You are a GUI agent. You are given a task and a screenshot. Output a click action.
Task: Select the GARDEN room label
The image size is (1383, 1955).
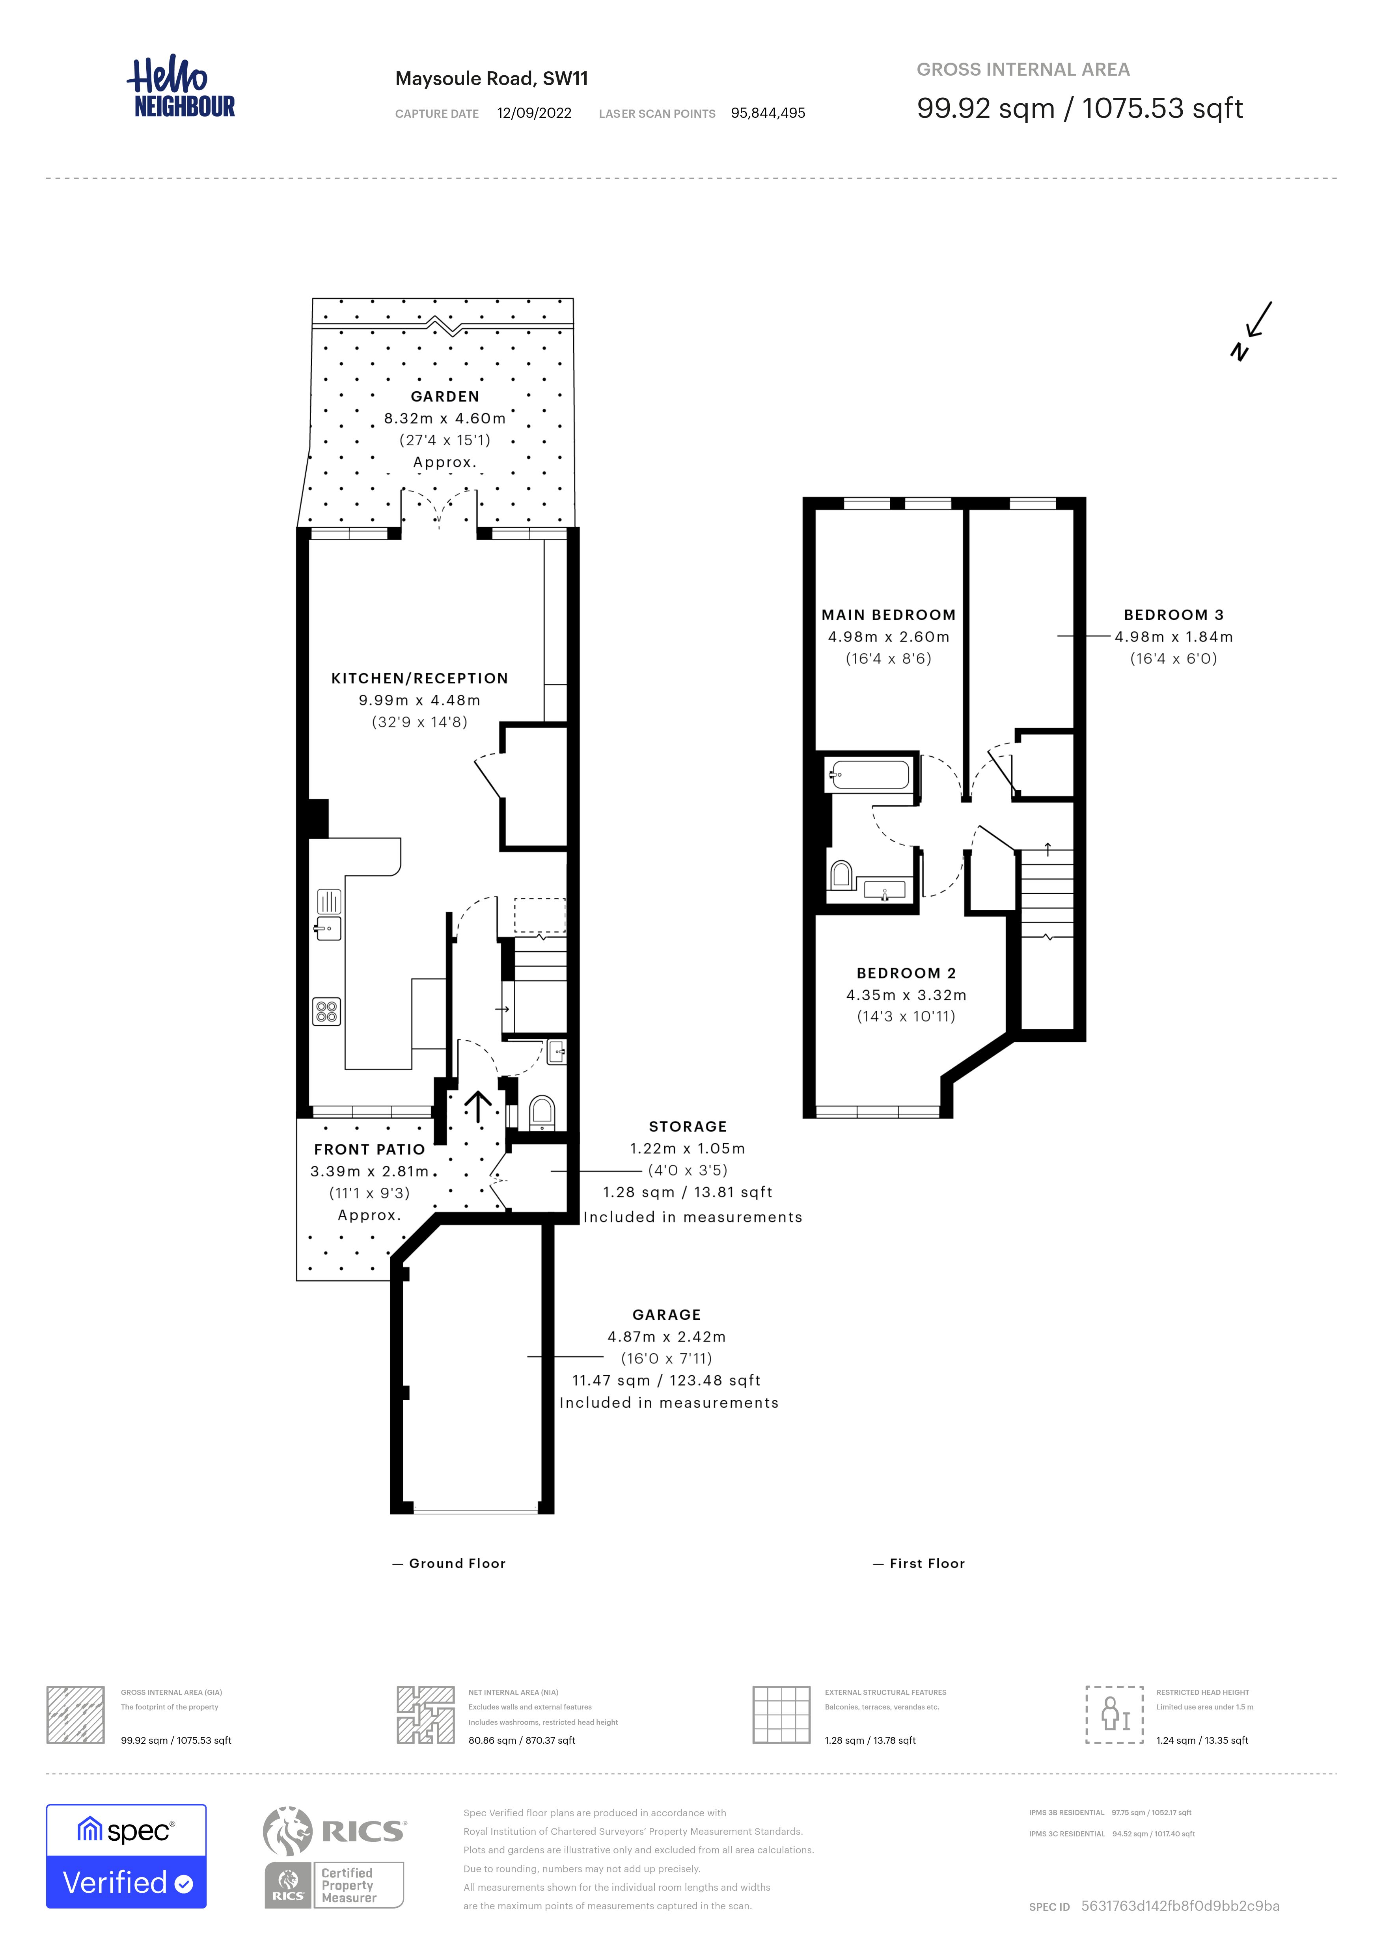(x=445, y=397)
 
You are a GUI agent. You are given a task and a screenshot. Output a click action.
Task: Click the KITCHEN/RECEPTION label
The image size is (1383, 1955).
(x=420, y=679)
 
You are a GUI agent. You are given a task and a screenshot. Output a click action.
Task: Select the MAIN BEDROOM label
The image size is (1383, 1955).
(x=888, y=615)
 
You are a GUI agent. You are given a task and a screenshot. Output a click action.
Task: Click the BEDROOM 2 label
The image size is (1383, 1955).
(x=906, y=973)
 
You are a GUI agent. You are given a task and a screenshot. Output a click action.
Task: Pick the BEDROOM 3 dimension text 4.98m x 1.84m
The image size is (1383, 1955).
(x=1174, y=637)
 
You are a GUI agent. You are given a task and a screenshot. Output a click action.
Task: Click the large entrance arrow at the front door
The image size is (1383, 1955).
(x=478, y=1107)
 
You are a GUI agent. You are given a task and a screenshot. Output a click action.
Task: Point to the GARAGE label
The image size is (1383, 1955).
(x=667, y=1315)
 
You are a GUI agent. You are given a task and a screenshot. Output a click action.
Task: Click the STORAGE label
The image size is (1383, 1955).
(x=688, y=1127)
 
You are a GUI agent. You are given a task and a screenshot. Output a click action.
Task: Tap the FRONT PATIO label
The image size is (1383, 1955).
(x=369, y=1150)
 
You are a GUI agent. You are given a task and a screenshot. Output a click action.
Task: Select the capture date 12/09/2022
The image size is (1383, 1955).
(x=534, y=113)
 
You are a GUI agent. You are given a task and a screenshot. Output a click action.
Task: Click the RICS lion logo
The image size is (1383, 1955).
(x=288, y=1832)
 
